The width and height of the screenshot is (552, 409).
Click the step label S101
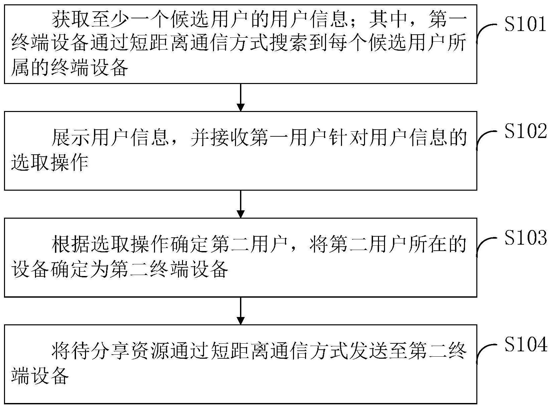525,24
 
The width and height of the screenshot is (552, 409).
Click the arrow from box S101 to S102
240,97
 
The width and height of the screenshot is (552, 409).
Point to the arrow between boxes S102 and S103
240,204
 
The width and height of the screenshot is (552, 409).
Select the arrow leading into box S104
240,311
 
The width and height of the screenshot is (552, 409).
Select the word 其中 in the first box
388,19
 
